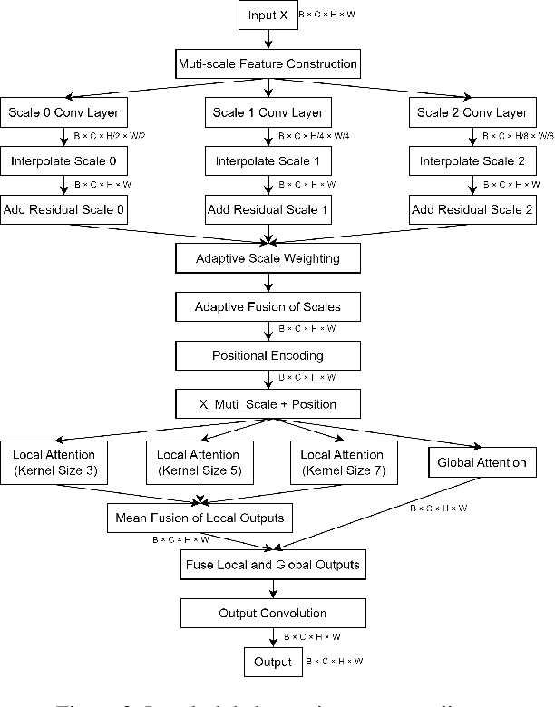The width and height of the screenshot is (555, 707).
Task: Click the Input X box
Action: point(268,15)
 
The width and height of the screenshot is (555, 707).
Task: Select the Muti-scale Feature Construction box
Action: point(268,65)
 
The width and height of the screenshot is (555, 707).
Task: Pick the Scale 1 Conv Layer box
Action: point(268,113)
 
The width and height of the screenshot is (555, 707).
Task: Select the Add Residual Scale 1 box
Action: point(268,209)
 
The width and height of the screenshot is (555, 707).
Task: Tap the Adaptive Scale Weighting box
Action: point(268,258)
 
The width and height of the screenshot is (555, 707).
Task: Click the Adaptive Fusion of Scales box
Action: point(268,306)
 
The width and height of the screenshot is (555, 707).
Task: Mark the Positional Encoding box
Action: point(268,355)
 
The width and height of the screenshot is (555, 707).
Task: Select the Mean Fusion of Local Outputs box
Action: point(199,518)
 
